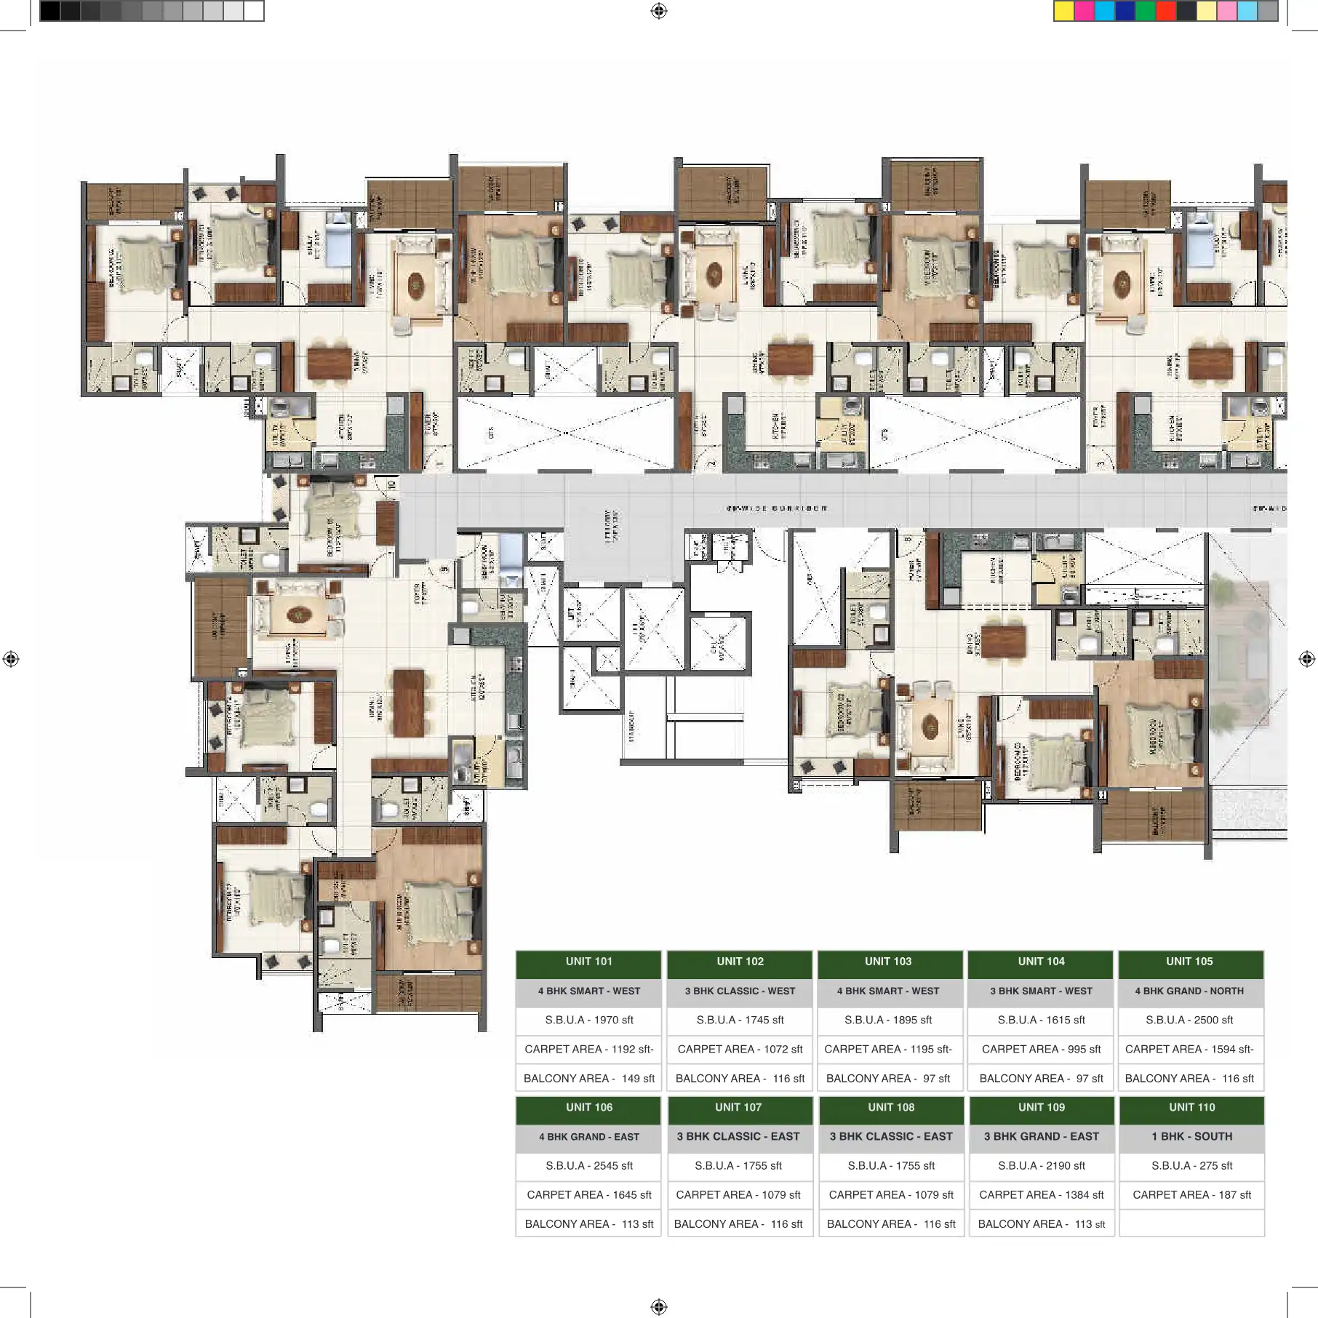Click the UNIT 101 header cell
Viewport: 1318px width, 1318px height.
pyautogui.click(x=588, y=962)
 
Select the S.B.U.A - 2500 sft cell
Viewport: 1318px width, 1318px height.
pyautogui.click(x=1189, y=1020)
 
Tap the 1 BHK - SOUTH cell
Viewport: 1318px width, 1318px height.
pyautogui.click(x=1191, y=1136)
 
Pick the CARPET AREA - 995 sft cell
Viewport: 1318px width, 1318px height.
pyautogui.click(x=1041, y=1049)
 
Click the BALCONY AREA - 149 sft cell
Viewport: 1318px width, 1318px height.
pyautogui.click(x=588, y=1078)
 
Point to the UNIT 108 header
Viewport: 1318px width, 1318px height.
pyautogui.click(x=890, y=1107)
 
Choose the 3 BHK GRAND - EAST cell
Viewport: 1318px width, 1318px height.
pyautogui.click(x=1041, y=1136)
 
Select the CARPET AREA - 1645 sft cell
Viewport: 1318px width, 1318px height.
pyautogui.click(x=588, y=1194)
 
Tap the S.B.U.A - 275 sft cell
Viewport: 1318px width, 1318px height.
pyautogui.click(x=1191, y=1165)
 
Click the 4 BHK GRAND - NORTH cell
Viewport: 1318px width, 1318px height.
pyautogui.click(x=1189, y=991)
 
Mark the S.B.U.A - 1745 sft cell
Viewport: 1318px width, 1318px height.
pyautogui.click(x=740, y=1020)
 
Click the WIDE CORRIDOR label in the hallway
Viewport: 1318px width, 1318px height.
pyautogui.click(x=776, y=508)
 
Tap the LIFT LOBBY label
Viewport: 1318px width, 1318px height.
pyautogui.click(x=611, y=525)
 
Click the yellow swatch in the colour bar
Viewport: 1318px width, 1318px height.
pyautogui.click(x=1063, y=11)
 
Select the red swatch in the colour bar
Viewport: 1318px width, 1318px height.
pyautogui.click(x=1165, y=11)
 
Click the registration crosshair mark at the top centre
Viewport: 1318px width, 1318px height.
pyautogui.click(x=658, y=11)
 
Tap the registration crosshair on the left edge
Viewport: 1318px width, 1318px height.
pyautogui.click(x=11, y=659)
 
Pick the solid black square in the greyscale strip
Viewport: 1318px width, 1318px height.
pyautogui.click(x=49, y=11)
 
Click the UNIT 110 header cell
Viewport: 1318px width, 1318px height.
pyautogui.click(x=1191, y=1107)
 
